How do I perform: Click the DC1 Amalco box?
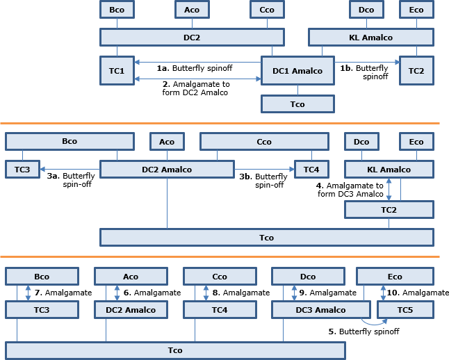(297, 71)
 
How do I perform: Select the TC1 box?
(117, 71)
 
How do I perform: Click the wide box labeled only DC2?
(192, 37)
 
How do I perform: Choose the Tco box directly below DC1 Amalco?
(297, 104)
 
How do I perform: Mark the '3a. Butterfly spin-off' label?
(70, 181)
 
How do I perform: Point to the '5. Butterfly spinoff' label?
(364, 332)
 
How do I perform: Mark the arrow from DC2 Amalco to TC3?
(70, 169)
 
